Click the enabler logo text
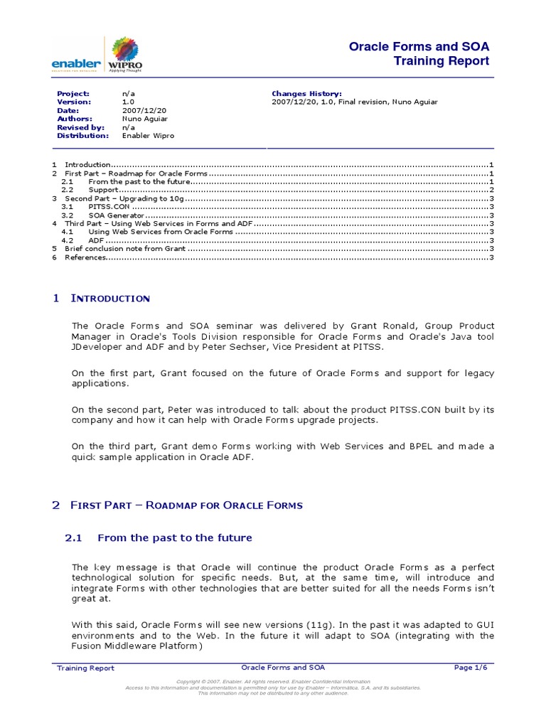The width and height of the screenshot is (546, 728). click(76, 64)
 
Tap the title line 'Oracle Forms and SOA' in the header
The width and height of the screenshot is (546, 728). click(419, 47)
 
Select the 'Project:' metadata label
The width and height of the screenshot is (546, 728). click(73, 93)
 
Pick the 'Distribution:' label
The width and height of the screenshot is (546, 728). click(83, 135)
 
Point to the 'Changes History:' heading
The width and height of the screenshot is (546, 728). click(306, 93)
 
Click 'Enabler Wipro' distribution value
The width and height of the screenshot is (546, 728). click(148, 135)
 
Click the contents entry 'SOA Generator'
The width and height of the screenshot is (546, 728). click(117, 215)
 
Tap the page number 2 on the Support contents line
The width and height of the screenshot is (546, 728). click(491, 190)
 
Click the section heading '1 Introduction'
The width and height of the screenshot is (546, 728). click(101, 299)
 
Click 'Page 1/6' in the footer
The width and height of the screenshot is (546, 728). click(471, 668)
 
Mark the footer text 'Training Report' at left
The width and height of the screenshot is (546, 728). click(85, 668)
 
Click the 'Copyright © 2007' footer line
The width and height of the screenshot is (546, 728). click(272, 682)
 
